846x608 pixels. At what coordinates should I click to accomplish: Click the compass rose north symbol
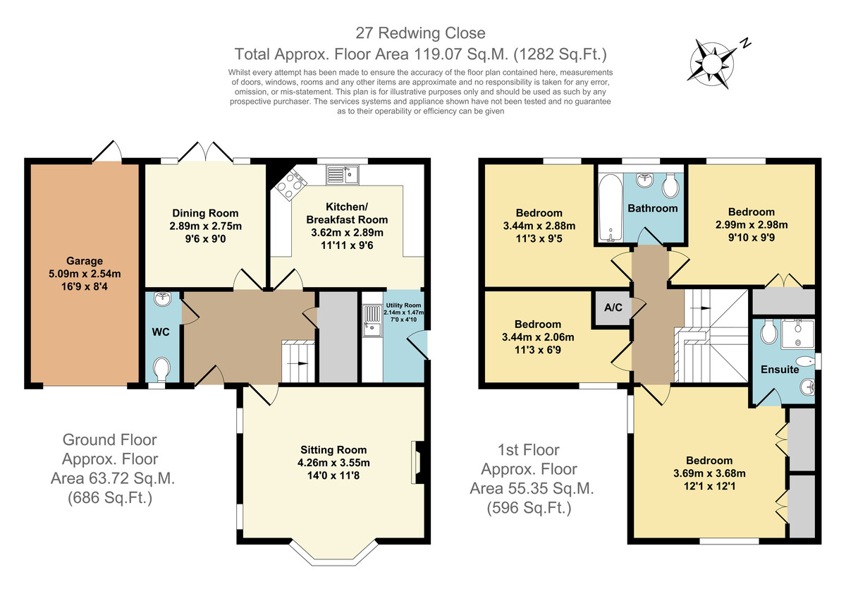712,64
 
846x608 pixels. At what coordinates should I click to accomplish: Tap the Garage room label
85,261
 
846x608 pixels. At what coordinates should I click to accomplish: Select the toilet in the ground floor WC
162,369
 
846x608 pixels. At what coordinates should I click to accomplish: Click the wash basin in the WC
163,298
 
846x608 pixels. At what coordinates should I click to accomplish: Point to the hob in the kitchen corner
290,185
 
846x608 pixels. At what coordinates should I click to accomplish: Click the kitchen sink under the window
343,175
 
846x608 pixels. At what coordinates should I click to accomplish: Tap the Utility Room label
403,305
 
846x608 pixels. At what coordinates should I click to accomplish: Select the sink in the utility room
373,320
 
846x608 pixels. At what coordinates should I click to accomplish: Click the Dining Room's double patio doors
205,152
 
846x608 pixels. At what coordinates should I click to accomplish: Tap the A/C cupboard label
613,308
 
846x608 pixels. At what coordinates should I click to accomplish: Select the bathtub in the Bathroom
611,207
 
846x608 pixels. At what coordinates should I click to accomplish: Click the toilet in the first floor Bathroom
670,186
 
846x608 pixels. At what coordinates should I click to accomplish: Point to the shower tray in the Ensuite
797,334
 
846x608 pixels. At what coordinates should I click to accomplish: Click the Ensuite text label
780,369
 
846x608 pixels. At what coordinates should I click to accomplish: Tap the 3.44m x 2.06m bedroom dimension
538,337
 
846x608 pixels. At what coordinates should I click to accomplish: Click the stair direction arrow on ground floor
298,363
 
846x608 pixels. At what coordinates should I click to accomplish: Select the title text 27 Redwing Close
420,33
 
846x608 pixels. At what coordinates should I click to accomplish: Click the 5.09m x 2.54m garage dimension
85,274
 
